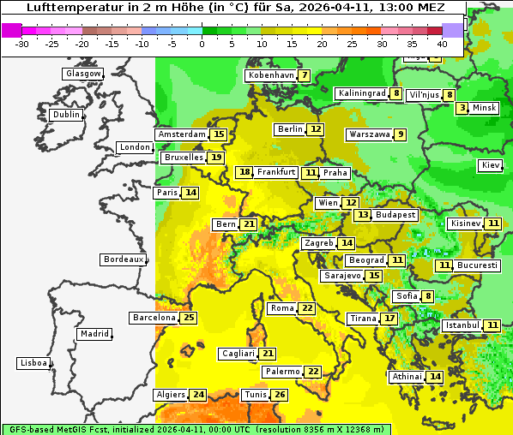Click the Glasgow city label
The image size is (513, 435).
click(x=83, y=74)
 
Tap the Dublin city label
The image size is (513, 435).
click(x=66, y=115)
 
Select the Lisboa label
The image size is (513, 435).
click(x=33, y=363)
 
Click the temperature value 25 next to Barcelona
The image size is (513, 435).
click(x=189, y=318)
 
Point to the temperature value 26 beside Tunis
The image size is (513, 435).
click(x=280, y=395)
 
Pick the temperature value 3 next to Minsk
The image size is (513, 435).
click(x=462, y=108)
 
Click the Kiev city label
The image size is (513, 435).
click(x=491, y=165)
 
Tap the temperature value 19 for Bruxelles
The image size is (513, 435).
click(x=216, y=158)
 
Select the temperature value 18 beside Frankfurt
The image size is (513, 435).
click(x=244, y=172)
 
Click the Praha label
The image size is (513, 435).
click(x=335, y=173)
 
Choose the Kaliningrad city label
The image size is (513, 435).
click(x=361, y=93)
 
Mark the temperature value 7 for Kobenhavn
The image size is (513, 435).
click(x=304, y=75)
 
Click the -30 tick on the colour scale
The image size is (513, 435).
click(x=22, y=44)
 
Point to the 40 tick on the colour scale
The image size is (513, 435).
click(x=442, y=44)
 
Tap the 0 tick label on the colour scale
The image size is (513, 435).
click(x=202, y=44)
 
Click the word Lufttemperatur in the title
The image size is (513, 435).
click(x=65, y=7)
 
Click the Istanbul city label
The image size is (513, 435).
click(x=463, y=325)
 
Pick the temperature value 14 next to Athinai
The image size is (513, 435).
click(x=435, y=377)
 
